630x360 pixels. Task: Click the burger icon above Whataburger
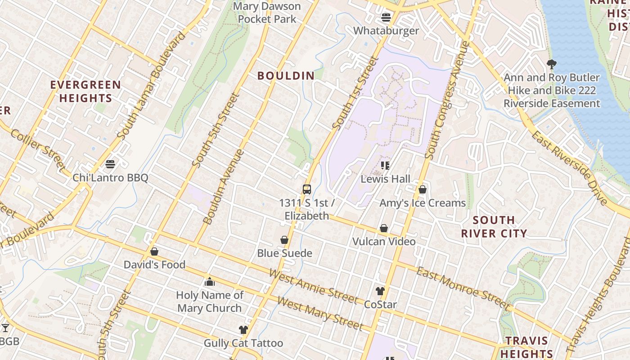click(386, 18)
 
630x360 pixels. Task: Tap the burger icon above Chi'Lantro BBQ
click(110, 164)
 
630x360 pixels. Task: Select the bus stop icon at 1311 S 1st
click(307, 189)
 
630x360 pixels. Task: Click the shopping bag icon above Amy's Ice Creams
click(422, 189)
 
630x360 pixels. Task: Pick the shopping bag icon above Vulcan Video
click(384, 228)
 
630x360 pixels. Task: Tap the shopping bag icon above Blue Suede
click(284, 240)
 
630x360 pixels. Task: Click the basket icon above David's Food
click(154, 251)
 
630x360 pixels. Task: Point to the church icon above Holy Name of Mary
click(209, 282)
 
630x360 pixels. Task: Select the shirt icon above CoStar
click(380, 291)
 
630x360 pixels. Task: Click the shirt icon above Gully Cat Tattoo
click(243, 330)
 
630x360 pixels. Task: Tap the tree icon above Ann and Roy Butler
click(551, 64)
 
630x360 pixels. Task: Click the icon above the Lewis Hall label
click(385, 166)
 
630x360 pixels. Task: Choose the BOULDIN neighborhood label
click(286, 76)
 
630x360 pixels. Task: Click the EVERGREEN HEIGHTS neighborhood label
click(85, 91)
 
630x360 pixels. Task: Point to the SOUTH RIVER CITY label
click(494, 227)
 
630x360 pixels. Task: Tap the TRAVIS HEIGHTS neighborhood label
click(526, 347)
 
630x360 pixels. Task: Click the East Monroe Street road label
click(463, 288)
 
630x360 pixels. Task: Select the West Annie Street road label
click(314, 287)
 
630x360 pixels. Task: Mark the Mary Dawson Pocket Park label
click(267, 13)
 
